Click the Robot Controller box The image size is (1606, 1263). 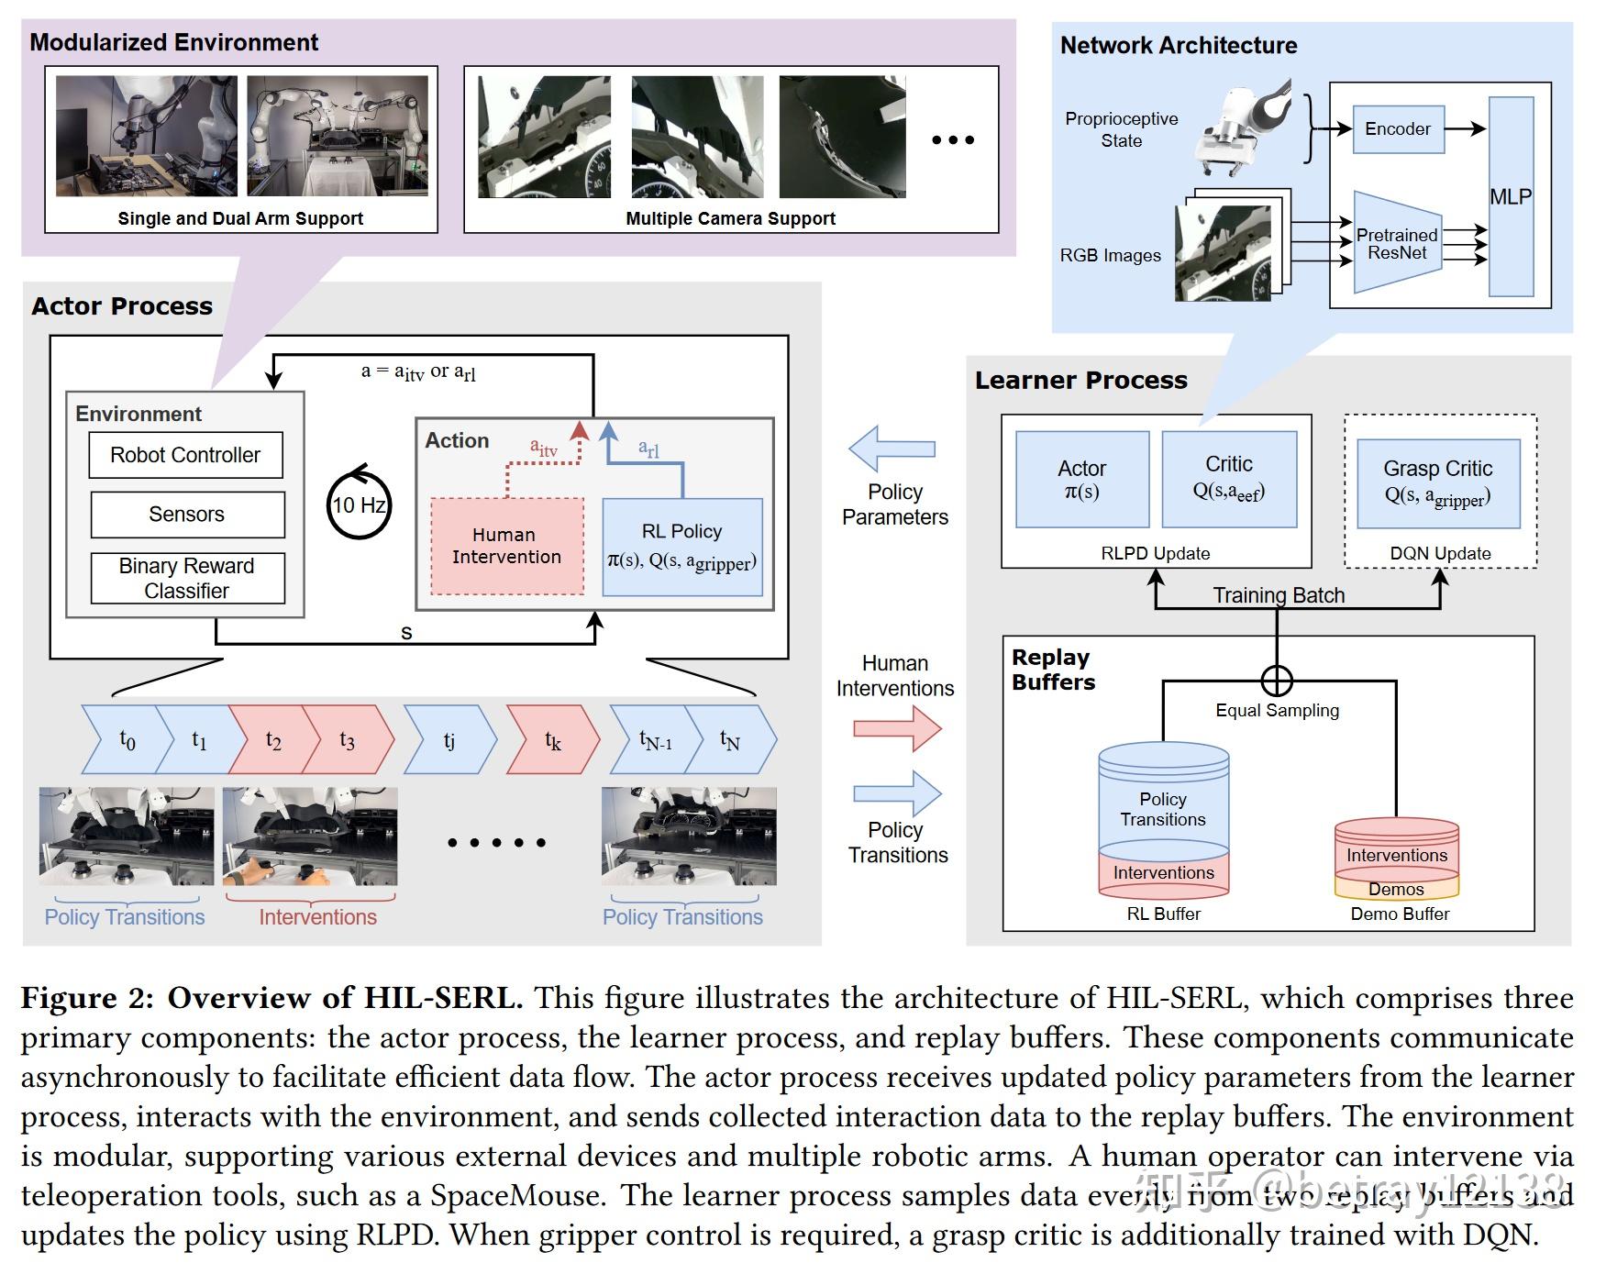[185, 455]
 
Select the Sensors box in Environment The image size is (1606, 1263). [187, 515]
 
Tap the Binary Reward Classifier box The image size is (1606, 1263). [187, 578]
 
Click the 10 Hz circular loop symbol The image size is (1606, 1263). [359, 504]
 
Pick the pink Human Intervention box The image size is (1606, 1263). [506, 546]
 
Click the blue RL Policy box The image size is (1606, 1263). [681, 547]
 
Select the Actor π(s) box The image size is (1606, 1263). [1082, 480]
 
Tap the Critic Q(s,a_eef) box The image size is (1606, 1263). [1228, 479]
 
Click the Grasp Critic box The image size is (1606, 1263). [1437, 483]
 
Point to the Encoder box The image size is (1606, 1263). [1398, 129]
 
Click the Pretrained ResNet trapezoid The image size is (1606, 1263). [1397, 243]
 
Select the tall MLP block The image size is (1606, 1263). [1510, 196]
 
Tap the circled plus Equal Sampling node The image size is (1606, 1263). [1277, 681]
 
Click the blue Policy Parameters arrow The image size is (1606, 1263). [892, 449]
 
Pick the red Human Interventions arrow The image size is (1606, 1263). [897, 729]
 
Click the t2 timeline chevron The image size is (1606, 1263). [271, 740]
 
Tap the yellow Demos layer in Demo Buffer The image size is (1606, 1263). [1396, 888]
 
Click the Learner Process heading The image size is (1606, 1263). [1080, 380]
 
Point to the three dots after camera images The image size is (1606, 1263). [952, 140]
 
